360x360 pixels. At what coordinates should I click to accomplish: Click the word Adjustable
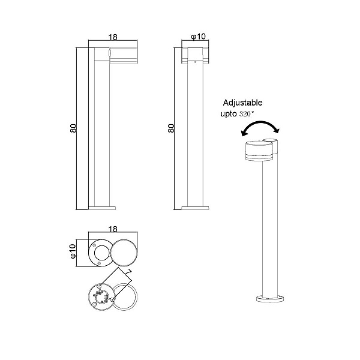coord(242,103)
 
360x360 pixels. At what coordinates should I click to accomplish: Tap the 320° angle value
coord(247,113)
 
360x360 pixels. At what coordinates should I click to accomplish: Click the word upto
coord(229,114)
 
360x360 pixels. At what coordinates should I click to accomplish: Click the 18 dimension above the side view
coord(113,37)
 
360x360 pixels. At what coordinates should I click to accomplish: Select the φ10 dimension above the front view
coord(199,36)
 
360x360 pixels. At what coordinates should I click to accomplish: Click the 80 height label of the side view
coord(73,128)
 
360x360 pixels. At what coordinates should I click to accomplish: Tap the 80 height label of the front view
coord(171,128)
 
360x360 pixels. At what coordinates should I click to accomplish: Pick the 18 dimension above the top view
coord(113,229)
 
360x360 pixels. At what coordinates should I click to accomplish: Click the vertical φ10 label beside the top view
coord(73,251)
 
